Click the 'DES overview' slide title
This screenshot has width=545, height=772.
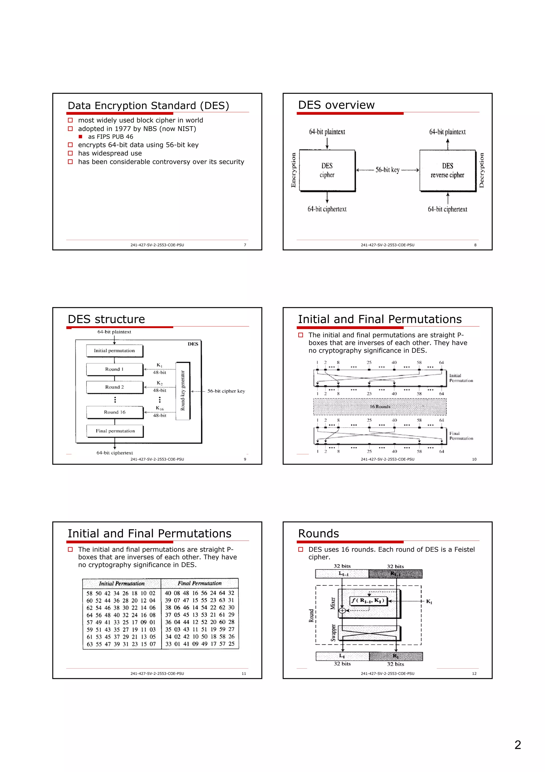click(x=336, y=105)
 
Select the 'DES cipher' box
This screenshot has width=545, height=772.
click(x=327, y=170)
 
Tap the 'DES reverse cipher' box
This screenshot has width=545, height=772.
click(x=447, y=170)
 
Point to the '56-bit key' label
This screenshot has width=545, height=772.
click(x=387, y=170)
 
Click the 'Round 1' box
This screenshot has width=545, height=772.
click(x=114, y=369)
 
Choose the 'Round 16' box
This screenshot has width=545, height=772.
click(x=114, y=412)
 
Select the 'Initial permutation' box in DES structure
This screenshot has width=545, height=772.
click(x=114, y=351)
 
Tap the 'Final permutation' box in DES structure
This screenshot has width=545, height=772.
click(x=115, y=431)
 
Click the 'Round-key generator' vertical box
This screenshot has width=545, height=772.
click(x=183, y=391)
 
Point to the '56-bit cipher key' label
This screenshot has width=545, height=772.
click(x=226, y=391)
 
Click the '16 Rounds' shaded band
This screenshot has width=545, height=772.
click(x=380, y=407)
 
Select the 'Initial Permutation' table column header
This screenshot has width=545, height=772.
click(x=122, y=584)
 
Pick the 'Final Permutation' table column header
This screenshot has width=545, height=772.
click(x=200, y=583)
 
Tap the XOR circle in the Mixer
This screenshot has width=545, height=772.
click(x=342, y=611)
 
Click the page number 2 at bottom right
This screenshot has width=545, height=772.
click(x=518, y=745)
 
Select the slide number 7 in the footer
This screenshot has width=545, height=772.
click(x=245, y=245)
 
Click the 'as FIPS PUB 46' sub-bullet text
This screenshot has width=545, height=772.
click(x=110, y=136)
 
